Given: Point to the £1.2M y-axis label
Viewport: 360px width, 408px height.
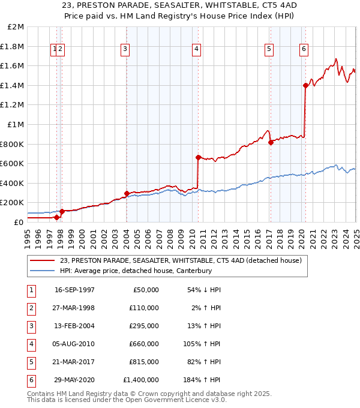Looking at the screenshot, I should (x=13, y=104).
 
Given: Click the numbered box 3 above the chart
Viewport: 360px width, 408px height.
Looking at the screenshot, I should (x=125, y=50).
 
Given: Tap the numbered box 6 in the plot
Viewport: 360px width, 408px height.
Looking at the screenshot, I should (x=304, y=50).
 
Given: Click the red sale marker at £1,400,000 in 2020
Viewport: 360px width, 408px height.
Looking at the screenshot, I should (x=305, y=85).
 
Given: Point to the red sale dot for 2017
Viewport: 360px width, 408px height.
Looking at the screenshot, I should (x=271, y=142).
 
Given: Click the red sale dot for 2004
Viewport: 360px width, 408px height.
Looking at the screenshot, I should (x=127, y=193).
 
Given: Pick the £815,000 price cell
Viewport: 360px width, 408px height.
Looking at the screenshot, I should (x=145, y=362).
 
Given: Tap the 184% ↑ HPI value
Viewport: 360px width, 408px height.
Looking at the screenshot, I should (x=205, y=380).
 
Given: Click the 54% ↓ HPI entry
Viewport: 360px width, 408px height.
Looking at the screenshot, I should (x=205, y=290).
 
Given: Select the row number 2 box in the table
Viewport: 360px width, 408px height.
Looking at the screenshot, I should (x=31, y=308).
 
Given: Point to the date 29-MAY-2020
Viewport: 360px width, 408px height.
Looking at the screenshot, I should (x=74, y=380).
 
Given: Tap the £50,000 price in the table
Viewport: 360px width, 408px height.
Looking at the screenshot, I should (x=146, y=290).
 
